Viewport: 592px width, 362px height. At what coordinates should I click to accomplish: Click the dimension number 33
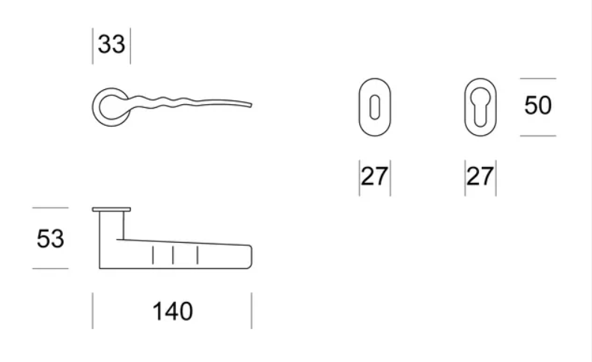[112, 44]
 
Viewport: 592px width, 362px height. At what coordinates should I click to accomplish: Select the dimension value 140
[173, 311]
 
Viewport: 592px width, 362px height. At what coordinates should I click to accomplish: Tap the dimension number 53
[50, 238]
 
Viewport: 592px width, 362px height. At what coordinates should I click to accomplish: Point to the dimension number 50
[538, 105]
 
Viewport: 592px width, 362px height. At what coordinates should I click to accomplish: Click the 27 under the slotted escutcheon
[374, 176]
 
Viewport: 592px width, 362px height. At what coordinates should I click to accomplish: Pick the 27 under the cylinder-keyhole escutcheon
[480, 176]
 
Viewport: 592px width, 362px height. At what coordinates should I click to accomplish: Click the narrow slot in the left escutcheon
[374, 107]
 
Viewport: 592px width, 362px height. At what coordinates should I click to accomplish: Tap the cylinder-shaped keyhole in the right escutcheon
[480, 107]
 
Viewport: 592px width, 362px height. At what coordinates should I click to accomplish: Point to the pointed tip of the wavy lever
[251, 105]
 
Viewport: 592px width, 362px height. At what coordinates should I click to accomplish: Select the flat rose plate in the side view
[112, 210]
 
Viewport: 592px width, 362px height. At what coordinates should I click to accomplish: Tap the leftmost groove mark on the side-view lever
[153, 256]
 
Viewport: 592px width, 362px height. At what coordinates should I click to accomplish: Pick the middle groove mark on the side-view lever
[173, 256]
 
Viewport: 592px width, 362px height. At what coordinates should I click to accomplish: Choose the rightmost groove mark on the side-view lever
[198, 256]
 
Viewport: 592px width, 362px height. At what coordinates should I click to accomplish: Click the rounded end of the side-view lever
[251, 257]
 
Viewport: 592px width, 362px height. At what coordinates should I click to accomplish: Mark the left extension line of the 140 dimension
[93, 310]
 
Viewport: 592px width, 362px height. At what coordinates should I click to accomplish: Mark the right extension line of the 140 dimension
[251, 310]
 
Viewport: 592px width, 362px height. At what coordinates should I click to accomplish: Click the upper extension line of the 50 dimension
[538, 78]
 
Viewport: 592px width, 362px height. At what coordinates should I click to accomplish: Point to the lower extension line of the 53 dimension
[50, 268]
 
